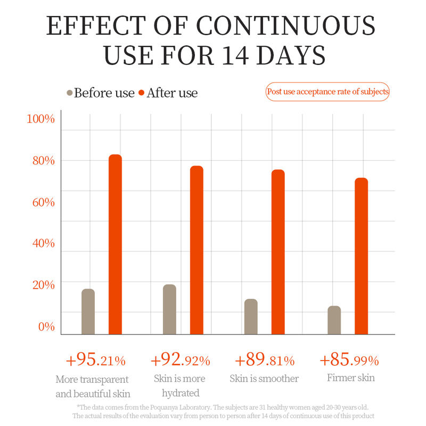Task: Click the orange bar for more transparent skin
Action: pyautogui.click(x=116, y=244)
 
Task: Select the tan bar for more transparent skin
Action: pyautogui.click(x=88, y=312)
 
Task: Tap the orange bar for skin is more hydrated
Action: pyautogui.click(x=196, y=250)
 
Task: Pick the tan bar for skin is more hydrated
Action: pyautogui.click(x=169, y=309)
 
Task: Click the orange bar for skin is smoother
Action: pyautogui.click(x=278, y=252)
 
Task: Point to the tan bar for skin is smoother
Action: pyautogui.click(x=251, y=316)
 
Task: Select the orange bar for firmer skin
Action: pyautogui.click(x=361, y=256)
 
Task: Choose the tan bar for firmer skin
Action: pyautogui.click(x=334, y=320)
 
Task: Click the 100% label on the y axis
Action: pyautogui.click(x=41, y=119)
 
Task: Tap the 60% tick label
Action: pyautogui.click(x=41, y=202)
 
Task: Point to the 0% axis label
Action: pyautogui.click(x=46, y=326)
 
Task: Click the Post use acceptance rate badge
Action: pyautogui.click(x=327, y=92)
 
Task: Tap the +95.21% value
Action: pyautogui.click(x=96, y=361)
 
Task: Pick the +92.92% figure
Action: pyautogui.click(x=181, y=361)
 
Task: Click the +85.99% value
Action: pyautogui.click(x=349, y=361)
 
